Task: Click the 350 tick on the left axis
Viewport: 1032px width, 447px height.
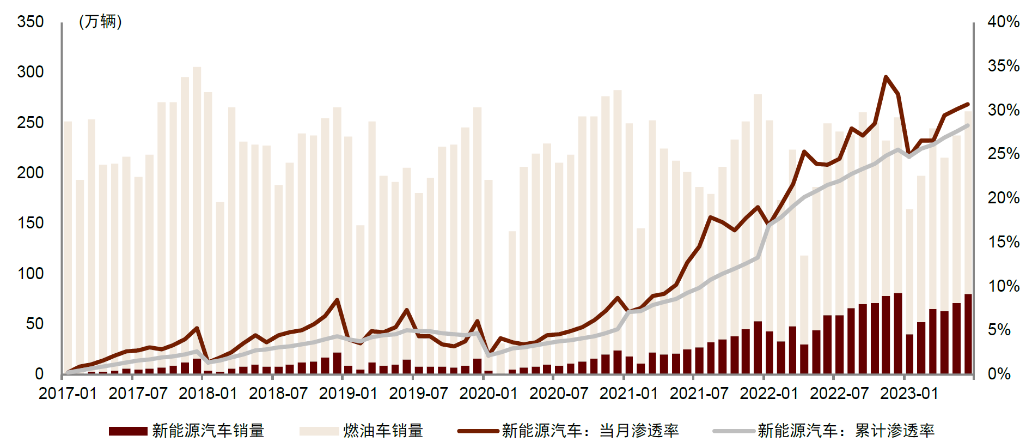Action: point(30,22)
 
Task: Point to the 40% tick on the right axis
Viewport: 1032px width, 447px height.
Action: point(1003,22)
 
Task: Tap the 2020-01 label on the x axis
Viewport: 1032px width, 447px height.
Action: point(488,393)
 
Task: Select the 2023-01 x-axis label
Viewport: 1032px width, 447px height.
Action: point(909,393)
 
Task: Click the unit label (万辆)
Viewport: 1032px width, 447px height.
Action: point(100,22)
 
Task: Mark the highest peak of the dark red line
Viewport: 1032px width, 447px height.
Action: point(886,77)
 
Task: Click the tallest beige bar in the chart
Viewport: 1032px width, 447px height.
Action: point(197,218)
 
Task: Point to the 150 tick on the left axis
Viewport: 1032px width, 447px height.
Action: point(30,223)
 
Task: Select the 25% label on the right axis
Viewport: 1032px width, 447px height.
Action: point(1003,154)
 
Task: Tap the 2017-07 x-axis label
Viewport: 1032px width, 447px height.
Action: point(138,393)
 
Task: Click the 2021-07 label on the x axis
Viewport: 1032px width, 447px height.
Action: point(699,393)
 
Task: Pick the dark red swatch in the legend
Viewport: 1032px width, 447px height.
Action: point(128,431)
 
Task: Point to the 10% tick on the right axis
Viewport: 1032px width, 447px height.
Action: point(1003,286)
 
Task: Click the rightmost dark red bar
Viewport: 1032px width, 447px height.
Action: point(968,334)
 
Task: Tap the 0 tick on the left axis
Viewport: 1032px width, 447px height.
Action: point(39,374)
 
